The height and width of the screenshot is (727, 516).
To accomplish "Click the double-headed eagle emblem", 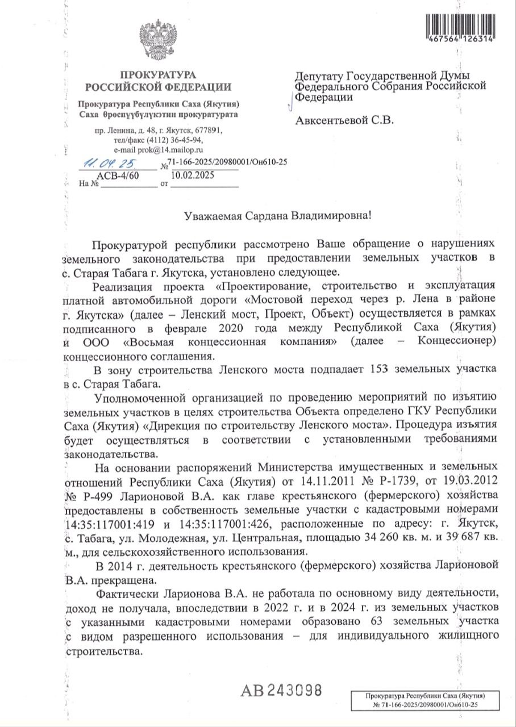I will point(158,40).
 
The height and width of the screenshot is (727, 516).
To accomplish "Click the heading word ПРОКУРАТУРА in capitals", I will point(159,76).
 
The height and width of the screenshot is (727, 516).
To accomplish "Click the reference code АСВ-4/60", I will point(118,176).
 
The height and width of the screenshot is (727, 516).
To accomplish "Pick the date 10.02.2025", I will point(188,176).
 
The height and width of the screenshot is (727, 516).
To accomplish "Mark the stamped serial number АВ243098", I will point(282,691).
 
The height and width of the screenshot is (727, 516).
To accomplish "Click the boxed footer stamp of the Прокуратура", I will point(425,700).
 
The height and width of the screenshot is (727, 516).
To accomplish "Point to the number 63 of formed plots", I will point(378,621).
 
